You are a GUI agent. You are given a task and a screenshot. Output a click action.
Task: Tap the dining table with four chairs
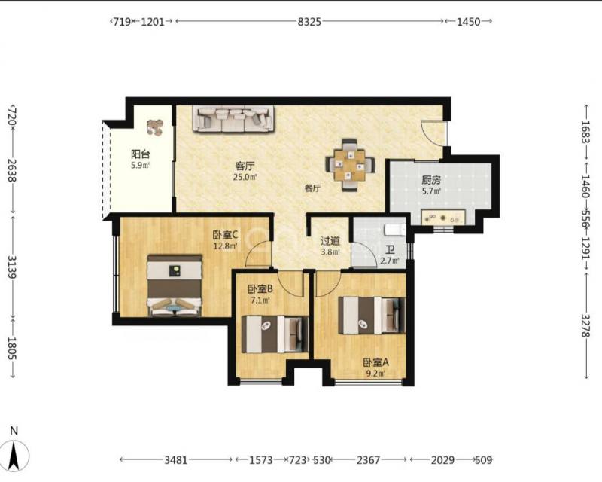[x=350, y=165]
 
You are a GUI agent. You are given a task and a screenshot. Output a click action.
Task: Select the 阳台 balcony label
[x=140, y=154]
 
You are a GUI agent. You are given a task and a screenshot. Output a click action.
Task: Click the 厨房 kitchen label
[x=430, y=180]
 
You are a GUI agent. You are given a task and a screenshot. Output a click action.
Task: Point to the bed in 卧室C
[x=175, y=285]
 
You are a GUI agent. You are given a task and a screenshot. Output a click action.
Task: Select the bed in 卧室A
[x=372, y=316]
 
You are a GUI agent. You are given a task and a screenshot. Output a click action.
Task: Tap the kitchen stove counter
[x=443, y=218]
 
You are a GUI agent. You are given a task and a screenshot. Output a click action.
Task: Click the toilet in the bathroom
[x=395, y=230]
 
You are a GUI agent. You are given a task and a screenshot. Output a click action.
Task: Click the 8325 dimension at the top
[x=309, y=22]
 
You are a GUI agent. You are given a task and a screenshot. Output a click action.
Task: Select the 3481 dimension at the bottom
[x=176, y=459]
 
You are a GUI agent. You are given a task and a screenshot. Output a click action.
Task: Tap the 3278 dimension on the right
[x=585, y=325]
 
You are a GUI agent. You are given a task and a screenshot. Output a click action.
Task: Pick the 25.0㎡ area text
[x=245, y=177]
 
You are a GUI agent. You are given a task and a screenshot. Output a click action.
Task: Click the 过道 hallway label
[x=330, y=241]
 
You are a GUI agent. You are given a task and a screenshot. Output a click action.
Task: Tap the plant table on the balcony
[x=156, y=127]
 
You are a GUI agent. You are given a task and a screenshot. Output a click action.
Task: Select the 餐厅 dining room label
[x=312, y=188]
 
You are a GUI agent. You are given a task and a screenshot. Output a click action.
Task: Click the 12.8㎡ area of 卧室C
[x=225, y=246]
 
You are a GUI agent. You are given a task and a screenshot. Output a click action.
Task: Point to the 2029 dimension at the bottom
[x=442, y=459]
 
